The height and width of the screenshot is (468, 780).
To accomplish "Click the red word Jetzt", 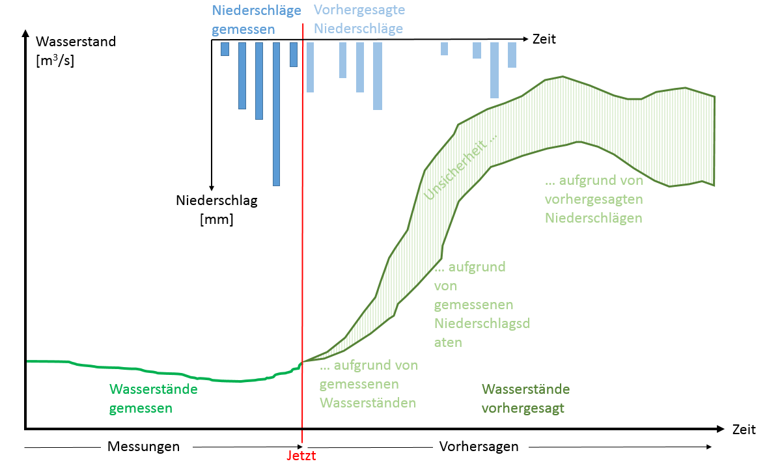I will coord(301,456).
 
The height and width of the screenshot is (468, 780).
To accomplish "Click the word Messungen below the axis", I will coord(143,447).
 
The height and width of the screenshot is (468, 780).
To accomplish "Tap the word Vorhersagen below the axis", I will coord(479,447).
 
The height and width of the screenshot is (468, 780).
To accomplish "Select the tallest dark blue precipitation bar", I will coord(276,114).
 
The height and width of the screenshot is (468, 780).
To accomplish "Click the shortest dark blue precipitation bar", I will coord(225,49).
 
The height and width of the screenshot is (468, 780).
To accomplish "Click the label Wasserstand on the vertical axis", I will coord(76,42).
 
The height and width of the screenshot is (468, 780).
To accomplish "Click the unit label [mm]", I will coord(217,219).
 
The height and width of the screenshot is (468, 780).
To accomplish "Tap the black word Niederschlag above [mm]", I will coord(217,200).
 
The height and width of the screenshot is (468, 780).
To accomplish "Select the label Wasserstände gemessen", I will coord(153,398).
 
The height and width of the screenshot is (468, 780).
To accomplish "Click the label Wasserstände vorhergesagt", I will coord(525,398).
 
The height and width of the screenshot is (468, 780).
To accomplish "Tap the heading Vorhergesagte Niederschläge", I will coord(359,19).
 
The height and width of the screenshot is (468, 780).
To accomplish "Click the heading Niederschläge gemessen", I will coord(256,19).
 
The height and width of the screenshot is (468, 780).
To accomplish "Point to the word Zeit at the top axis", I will coord(544,39).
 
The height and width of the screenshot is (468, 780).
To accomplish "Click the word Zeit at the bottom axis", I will coord(744,430).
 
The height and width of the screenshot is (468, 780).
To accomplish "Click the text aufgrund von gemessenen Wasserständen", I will coord(368,384).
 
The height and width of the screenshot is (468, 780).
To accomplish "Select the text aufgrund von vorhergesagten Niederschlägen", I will coord(594,199).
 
